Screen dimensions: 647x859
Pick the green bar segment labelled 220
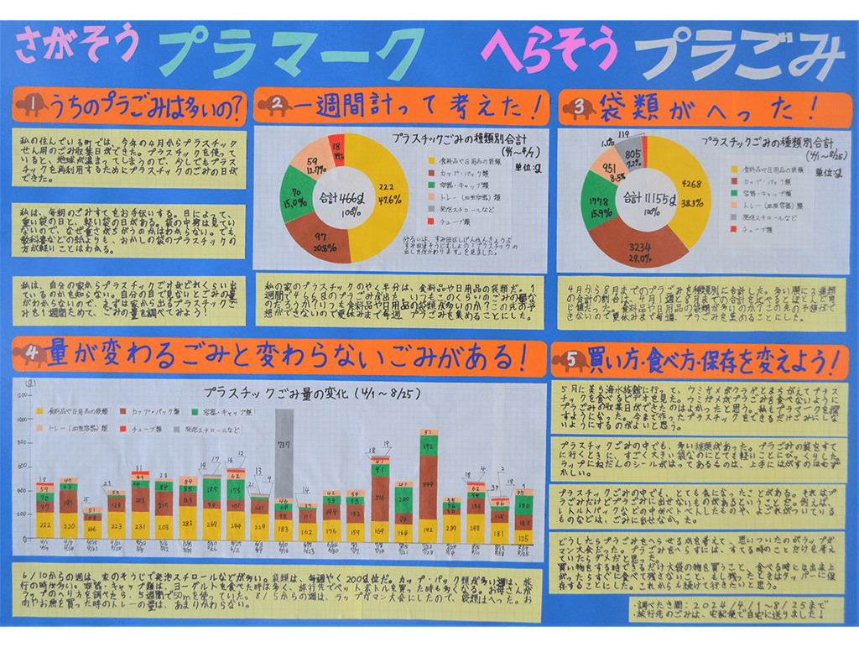click(403, 499)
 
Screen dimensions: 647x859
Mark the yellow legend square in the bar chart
click(42, 413)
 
